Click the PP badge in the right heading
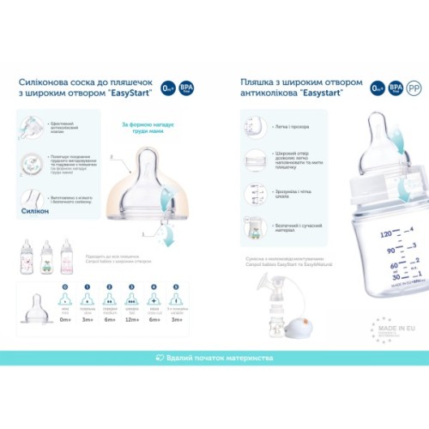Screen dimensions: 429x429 point(414,88)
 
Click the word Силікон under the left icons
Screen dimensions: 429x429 point(32,209)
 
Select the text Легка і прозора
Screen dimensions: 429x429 point(284,127)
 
